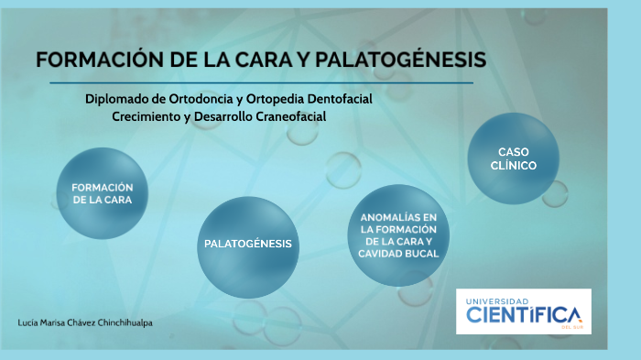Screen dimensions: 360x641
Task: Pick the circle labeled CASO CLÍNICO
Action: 514,158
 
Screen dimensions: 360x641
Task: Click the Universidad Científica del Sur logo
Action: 523,311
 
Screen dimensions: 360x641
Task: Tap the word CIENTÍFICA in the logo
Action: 523,315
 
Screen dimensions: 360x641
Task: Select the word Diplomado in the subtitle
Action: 117,99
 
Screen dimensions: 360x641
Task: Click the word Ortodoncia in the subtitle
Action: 203,99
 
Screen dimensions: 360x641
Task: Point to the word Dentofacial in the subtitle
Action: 335,99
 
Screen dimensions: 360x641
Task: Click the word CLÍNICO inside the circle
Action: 514,166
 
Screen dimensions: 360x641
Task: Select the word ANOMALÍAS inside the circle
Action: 399,216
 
